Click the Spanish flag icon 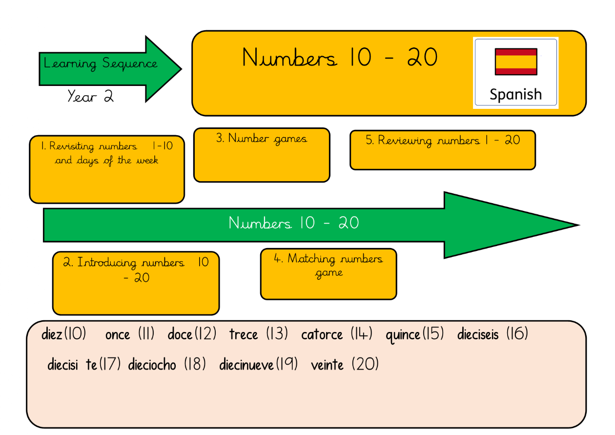[x=516, y=62]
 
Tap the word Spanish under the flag [x=515, y=94]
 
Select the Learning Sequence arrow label [x=101, y=63]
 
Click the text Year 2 [x=90, y=97]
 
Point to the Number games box [x=262, y=155]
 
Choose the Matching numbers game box [x=328, y=274]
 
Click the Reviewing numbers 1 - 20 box [x=443, y=150]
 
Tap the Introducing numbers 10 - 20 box [x=136, y=283]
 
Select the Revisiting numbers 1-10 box [x=107, y=169]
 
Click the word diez [x=52, y=335]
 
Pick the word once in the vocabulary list [x=118, y=335]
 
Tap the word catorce [x=322, y=335]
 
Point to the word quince [x=403, y=335]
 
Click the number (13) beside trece [x=277, y=334]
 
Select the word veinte [x=327, y=365]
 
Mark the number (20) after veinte [x=365, y=364]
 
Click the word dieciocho [x=152, y=365]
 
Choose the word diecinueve [x=246, y=365]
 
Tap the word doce [x=180, y=335]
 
